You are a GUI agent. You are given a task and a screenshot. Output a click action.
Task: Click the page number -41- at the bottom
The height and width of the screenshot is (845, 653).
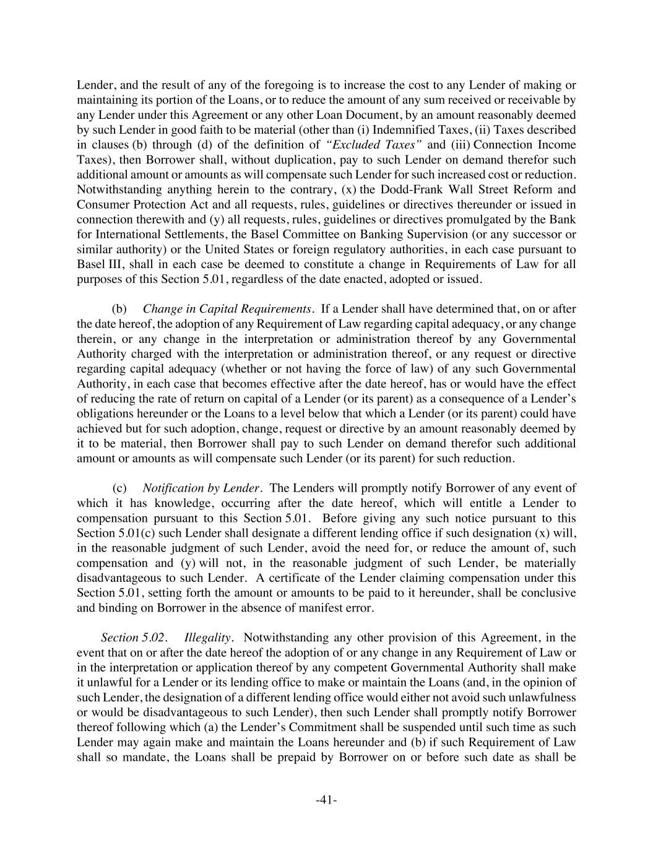(326, 800)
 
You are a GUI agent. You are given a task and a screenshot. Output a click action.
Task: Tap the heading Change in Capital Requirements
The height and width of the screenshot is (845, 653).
(227, 309)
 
